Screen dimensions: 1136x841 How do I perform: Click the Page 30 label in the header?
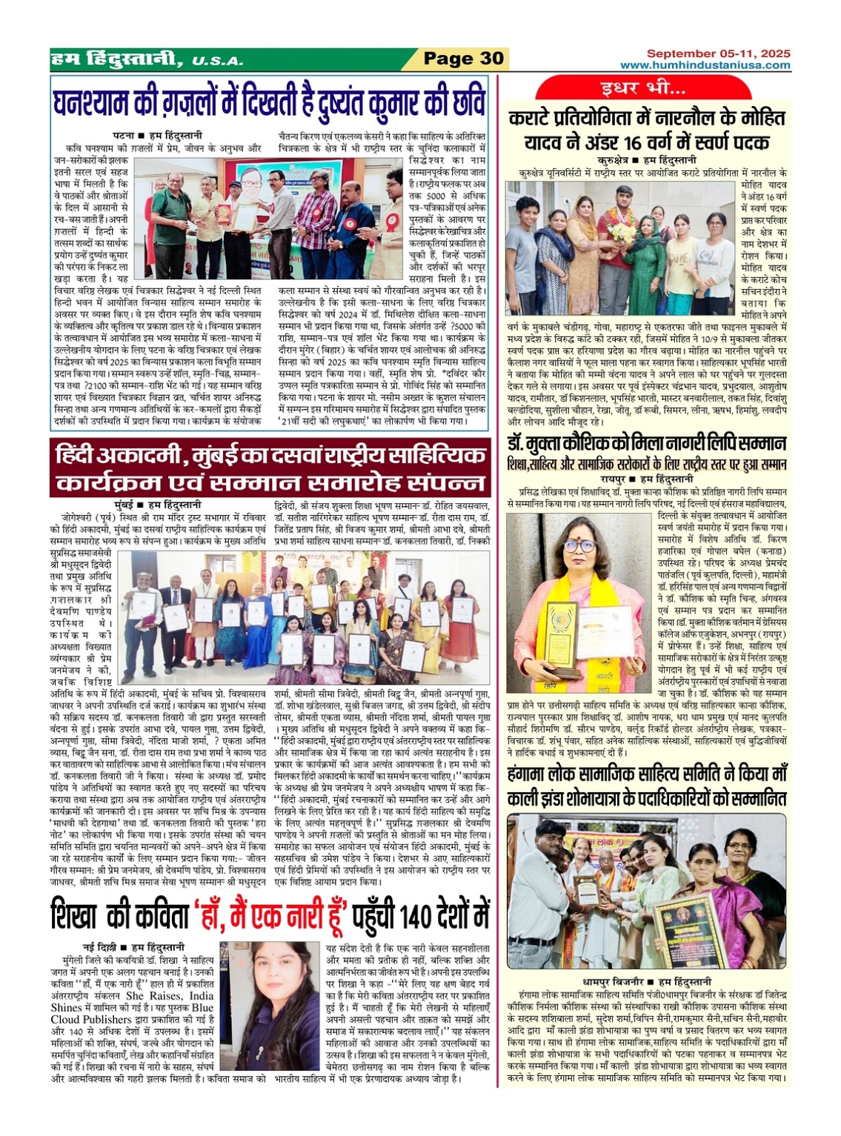pyautogui.click(x=463, y=59)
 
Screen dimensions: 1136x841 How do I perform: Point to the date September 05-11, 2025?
pyautogui.click(x=718, y=53)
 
